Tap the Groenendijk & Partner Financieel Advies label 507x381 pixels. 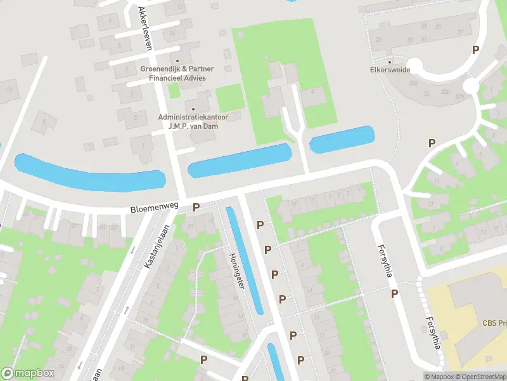[x=177, y=73]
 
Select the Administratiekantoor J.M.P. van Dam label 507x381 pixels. [x=193, y=121]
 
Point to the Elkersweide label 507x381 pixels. [x=390, y=70]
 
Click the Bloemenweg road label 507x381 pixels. [x=155, y=208]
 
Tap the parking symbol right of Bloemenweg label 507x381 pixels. [x=196, y=207]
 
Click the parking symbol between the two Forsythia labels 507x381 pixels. [x=395, y=293]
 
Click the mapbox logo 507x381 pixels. [x=27, y=373]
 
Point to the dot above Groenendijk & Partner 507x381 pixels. [x=177, y=62]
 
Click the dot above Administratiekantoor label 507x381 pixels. [x=193, y=109]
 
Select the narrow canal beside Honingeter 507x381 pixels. [x=244, y=260]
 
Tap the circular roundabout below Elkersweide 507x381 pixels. [x=471, y=85]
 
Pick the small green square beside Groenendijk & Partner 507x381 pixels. [x=174, y=91]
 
